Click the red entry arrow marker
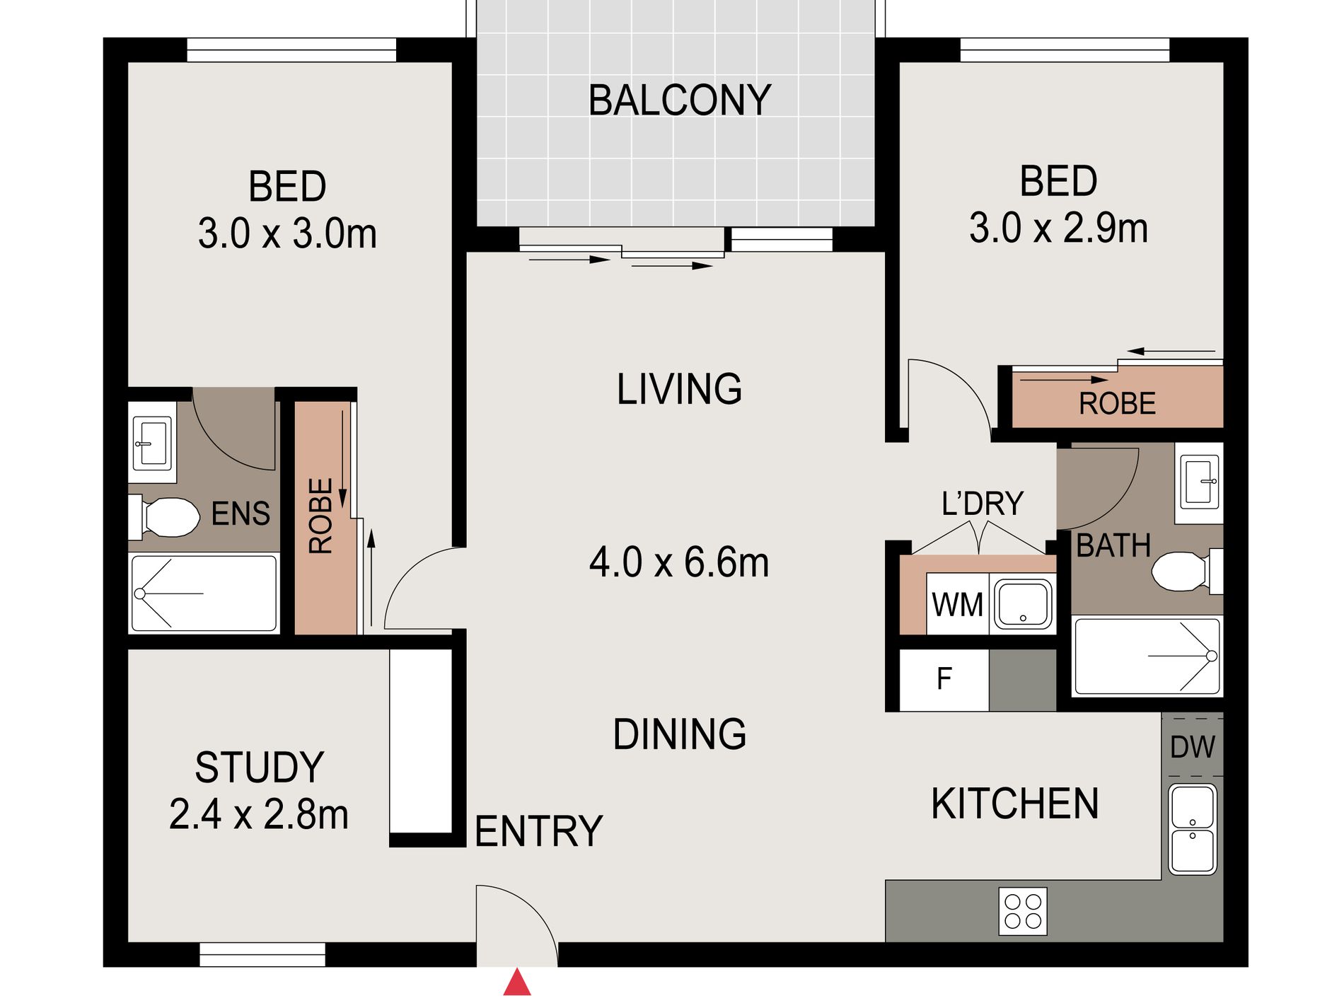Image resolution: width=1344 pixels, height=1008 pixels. click(517, 983)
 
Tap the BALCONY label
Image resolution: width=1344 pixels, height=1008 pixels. click(679, 100)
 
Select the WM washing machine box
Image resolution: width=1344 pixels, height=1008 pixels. click(957, 605)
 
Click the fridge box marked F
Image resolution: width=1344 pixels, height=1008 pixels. click(944, 680)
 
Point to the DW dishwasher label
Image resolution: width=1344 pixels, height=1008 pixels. click(1192, 747)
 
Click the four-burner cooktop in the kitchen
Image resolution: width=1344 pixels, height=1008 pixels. click(1023, 911)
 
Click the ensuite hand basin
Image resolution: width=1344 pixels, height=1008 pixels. click(152, 444)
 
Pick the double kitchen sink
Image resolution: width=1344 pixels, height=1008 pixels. click(1193, 829)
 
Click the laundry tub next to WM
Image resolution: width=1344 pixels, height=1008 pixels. click(1023, 603)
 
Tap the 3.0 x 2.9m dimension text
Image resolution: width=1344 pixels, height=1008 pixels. click(1058, 228)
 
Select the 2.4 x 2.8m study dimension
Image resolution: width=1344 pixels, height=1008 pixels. click(259, 815)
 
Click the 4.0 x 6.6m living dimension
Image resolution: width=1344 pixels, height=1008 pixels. click(679, 563)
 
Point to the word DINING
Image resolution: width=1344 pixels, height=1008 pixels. click(679, 734)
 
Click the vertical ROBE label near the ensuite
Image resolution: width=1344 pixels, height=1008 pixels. click(321, 516)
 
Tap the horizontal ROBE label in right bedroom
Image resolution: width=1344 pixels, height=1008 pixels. click(1117, 404)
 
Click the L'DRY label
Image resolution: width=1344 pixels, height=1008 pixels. click(983, 504)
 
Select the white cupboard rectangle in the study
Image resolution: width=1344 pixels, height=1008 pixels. click(421, 741)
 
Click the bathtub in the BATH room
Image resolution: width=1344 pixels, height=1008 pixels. click(1147, 656)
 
